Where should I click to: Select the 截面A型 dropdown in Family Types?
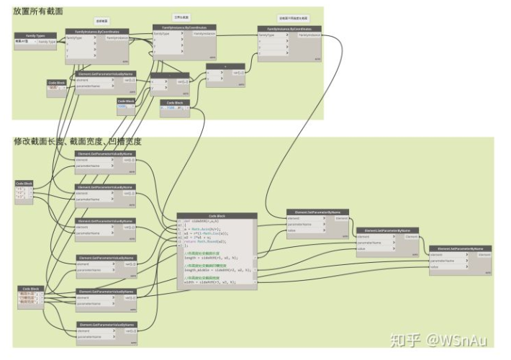coord(25,42)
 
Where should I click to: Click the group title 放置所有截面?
coord(37,12)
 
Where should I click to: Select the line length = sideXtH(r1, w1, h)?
coord(213,258)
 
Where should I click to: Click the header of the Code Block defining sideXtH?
coord(217,215)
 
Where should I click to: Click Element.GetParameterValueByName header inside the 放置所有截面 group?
coord(105,73)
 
